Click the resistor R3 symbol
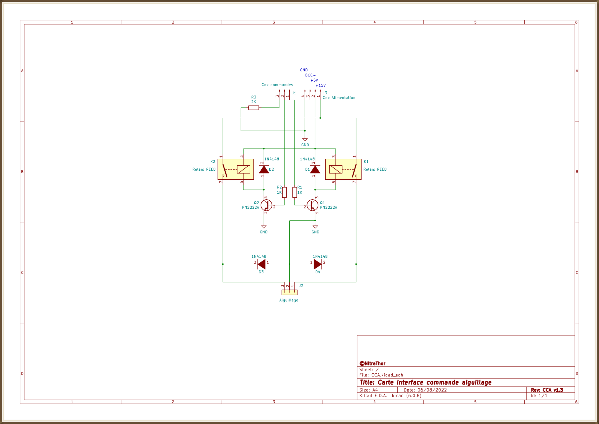(253, 108)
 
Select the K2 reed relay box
(236, 169)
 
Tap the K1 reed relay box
(343, 169)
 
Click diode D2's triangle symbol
(264, 170)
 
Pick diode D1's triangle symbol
(315, 170)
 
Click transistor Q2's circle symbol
(266, 205)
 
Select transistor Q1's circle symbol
(312, 205)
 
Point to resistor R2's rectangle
(284, 192)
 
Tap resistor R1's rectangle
(294, 192)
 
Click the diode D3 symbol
(262, 264)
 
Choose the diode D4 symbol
(317, 264)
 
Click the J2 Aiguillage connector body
(289, 292)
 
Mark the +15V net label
(321, 85)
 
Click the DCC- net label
(310, 75)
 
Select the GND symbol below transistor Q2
(264, 227)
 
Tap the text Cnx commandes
(277, 85)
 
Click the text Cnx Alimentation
(339, 98)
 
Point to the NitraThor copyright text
(372, 363)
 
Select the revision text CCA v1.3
(552, 390)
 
